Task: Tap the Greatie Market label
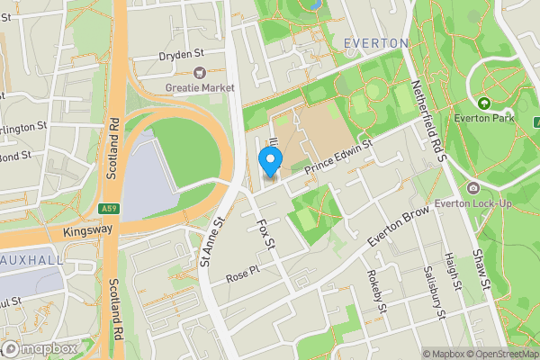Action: (200, 87)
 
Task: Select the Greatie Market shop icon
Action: (199, 72)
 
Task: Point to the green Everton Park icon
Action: (485, 103)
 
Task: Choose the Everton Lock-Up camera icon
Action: (473, 188)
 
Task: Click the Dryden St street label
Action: (181, 54)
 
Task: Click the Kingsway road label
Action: (87, 230)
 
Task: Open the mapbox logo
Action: (40, 348)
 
